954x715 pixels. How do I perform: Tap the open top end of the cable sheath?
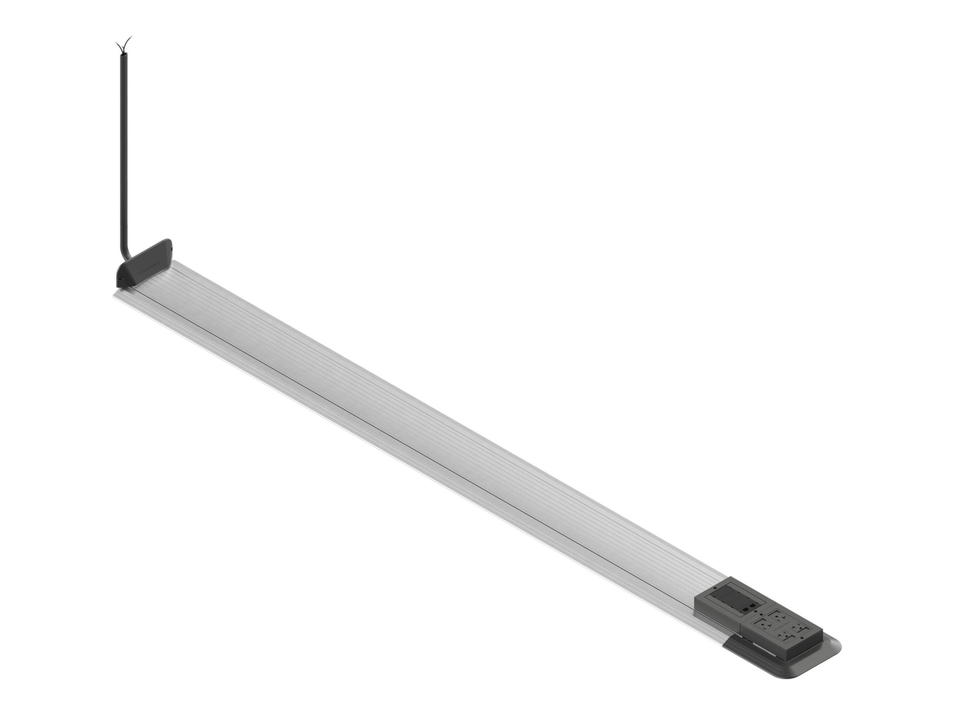point(121,55)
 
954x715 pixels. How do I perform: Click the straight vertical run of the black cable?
point(120,149)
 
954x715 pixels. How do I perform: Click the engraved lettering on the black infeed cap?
point(152,269)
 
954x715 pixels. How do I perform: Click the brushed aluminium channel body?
point(397,422)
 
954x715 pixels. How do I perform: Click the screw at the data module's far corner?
point(715,587)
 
